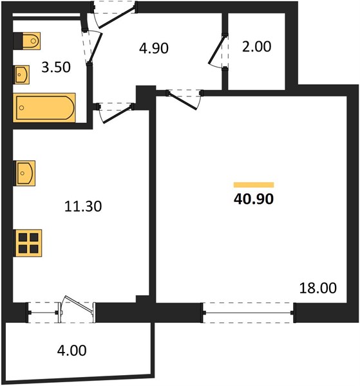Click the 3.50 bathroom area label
56,67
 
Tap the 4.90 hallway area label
154,48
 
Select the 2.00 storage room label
256,46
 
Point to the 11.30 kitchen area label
83,206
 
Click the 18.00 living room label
318,288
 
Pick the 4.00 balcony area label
71,351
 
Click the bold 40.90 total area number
254,199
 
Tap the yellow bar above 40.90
254,185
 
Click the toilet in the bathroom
27,41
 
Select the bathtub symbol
44,107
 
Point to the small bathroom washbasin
21,75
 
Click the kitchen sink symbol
24,173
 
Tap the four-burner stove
28,243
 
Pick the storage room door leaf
217,50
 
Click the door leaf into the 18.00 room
182,101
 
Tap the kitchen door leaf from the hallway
117,115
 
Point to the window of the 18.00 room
249,313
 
